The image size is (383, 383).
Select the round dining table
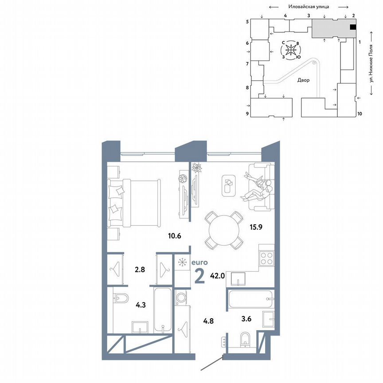[x=224, y=229]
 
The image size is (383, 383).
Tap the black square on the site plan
[x=353, y=27]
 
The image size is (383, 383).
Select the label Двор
[x=304, y=80]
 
